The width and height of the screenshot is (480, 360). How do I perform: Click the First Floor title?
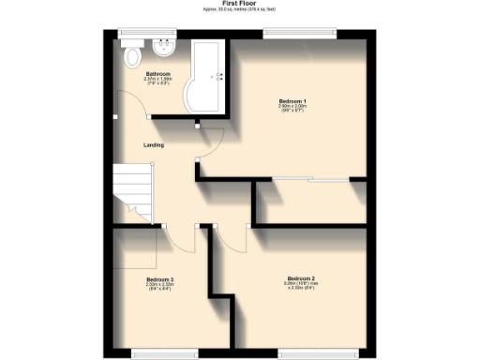pyautogui.click(x=241, y=4)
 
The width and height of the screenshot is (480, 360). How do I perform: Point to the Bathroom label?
pyautogui.click(x=157, y=74)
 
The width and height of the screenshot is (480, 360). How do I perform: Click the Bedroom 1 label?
pyautogui.click(x=292, y=100)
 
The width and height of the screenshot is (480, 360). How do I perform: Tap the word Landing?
pyautogui.click(x=154, y=145)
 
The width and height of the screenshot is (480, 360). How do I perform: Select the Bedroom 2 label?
pyautogui.click(x=300, y=278)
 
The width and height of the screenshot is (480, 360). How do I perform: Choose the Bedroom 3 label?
pyautogui.click(x=159, y=279)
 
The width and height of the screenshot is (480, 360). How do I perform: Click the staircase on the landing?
pyautogui.click(x=131, y=192)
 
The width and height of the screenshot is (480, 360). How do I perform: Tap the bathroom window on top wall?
pyautogui.click(x=145, y=34)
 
